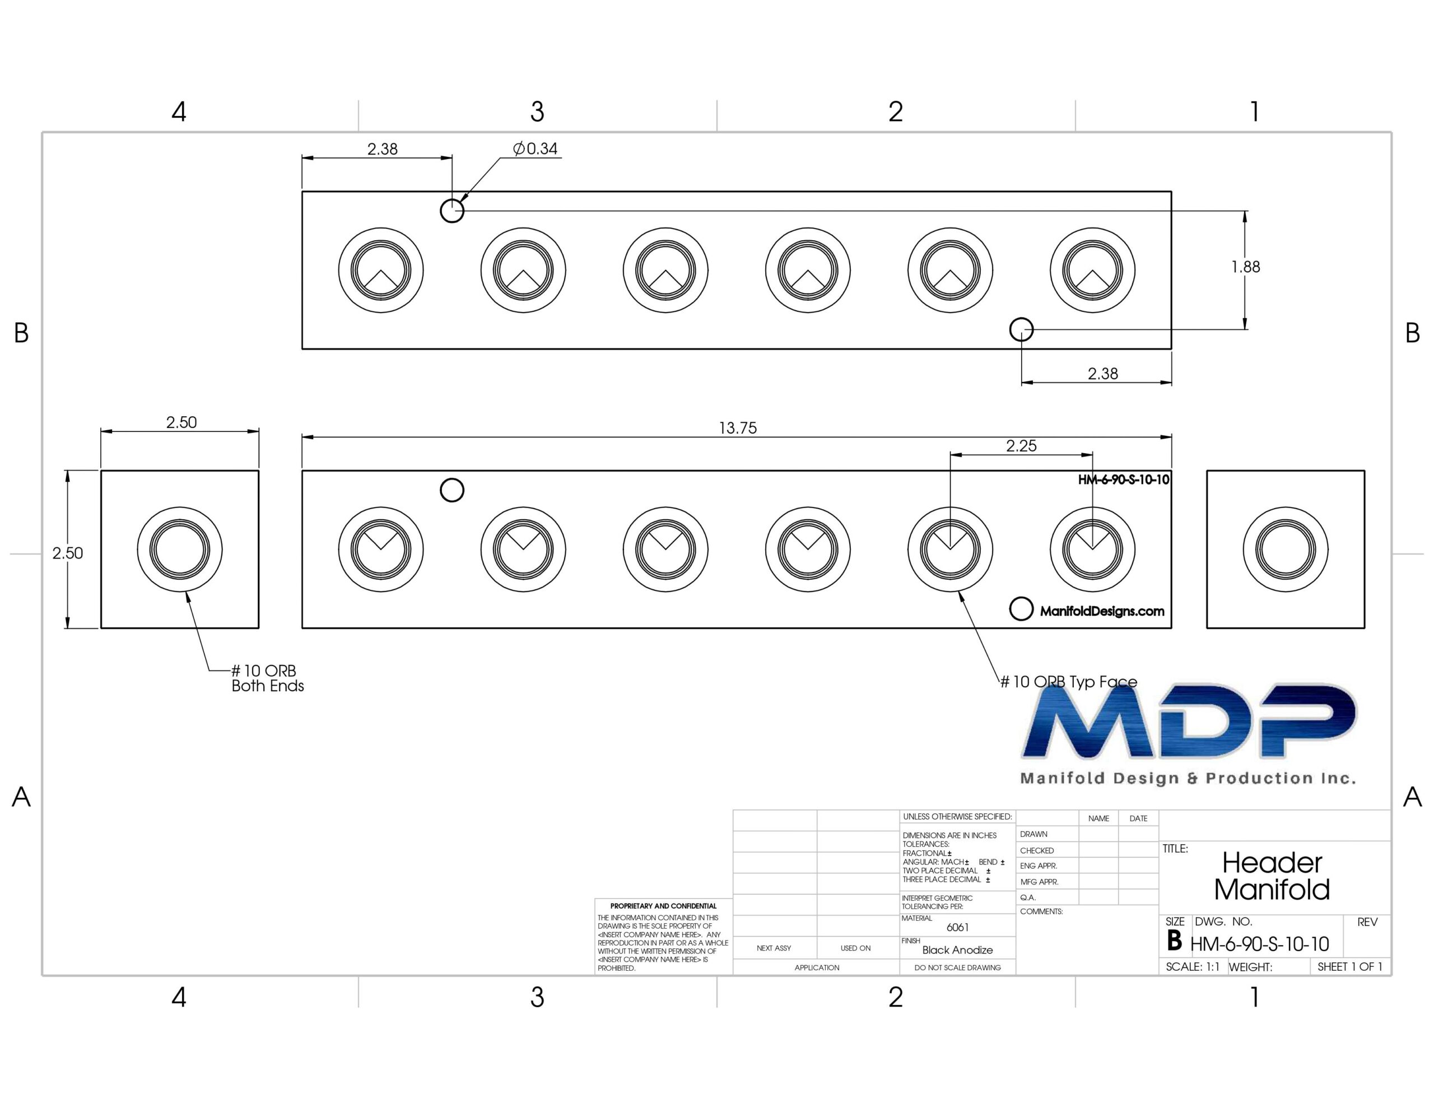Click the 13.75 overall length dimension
pyautogui.click(x=737, y=428)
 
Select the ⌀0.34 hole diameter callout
pyautogui.click(x=535, y=149)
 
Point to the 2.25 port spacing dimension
pyautogui.click(x=1021, y=446)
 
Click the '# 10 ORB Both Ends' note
pyautogui.click(x=268, y=678)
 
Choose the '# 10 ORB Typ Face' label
pyautogui.click(x=1068, y=682)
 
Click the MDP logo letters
pyautogui.click(x=1189, y=721)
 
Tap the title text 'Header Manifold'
pyautogui.click(x=1272, y=876)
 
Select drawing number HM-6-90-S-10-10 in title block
pyautogui.click(x=1259, y=944)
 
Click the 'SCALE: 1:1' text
pyautogui.click(x=1193, y=967)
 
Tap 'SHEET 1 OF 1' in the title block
pyautogui.click(x=1350, y=967)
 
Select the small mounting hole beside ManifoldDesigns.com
pyautogui.click(x=1021, y=609)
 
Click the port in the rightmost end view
pyautogui.click(x=1285, y=549)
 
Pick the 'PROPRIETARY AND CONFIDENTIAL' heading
pyautogui.click(x=663, y=906)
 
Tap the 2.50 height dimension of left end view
pyautogui.click(x=68, y=553)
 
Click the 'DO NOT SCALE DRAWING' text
pyautogui.click(x=957, y=967)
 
